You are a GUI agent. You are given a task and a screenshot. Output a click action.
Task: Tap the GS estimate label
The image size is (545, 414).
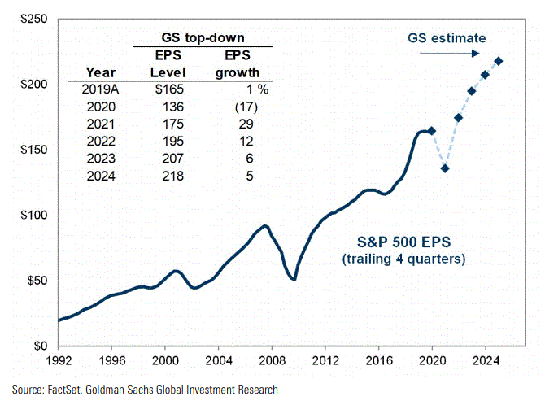(447, 38)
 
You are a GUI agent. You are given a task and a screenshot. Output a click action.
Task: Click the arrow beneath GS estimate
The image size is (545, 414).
(449, 54)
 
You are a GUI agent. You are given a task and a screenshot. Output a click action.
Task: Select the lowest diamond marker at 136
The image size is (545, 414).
(445, 168)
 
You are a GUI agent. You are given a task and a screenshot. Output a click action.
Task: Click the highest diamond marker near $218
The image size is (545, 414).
(499, 61)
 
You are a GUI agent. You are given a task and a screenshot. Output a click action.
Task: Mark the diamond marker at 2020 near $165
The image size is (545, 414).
(432, 131)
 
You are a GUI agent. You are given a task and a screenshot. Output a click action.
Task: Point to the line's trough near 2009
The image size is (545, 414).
(294, 279)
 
